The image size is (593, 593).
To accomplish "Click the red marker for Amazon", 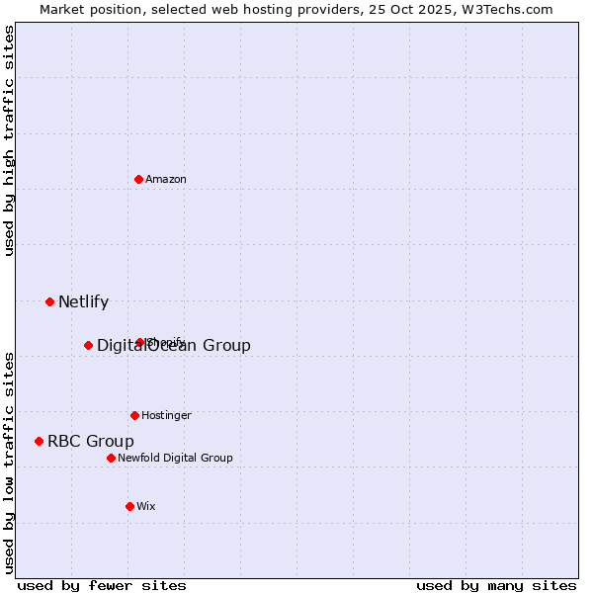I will tap(139, 179).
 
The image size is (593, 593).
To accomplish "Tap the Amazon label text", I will tap(166, 180).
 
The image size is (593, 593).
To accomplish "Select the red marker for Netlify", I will tap(50, 301).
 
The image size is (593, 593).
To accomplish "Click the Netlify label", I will tap(83, 302).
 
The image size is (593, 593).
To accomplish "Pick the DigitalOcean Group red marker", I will tap(89, 345).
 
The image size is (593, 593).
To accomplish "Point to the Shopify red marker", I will tap(140, 342).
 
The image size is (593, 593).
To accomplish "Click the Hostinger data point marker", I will tap(135, 415).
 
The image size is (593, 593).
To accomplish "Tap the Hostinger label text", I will tap(166, 416).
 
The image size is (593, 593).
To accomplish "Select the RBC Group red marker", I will tap(40, 441).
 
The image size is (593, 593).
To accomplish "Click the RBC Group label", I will tap(91, 442).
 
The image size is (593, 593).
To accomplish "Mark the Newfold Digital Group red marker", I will tap(112, 458).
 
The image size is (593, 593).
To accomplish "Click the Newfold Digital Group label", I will tap(175, 459).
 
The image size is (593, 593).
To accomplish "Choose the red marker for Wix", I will tap(129, 506).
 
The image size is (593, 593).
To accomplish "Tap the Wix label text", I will tap(146, 507).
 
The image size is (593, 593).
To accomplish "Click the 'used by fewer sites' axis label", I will tap(102, 585).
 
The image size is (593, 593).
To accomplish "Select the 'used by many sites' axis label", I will tap(496, 585).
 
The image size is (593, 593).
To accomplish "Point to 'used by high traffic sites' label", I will tap(10, 140).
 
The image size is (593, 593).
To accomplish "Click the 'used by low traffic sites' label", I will tap(10, 463).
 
